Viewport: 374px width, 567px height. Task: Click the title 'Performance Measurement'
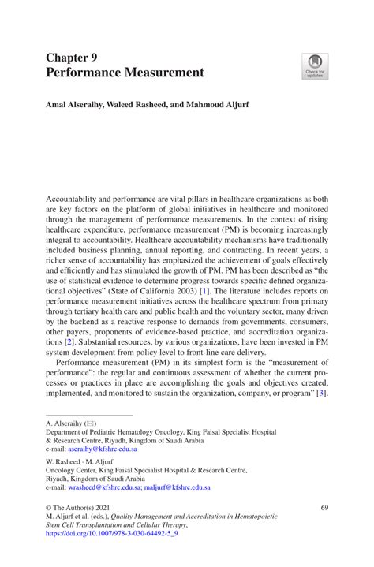tap(125, 73)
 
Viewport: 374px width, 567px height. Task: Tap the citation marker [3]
tap(320, 393)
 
